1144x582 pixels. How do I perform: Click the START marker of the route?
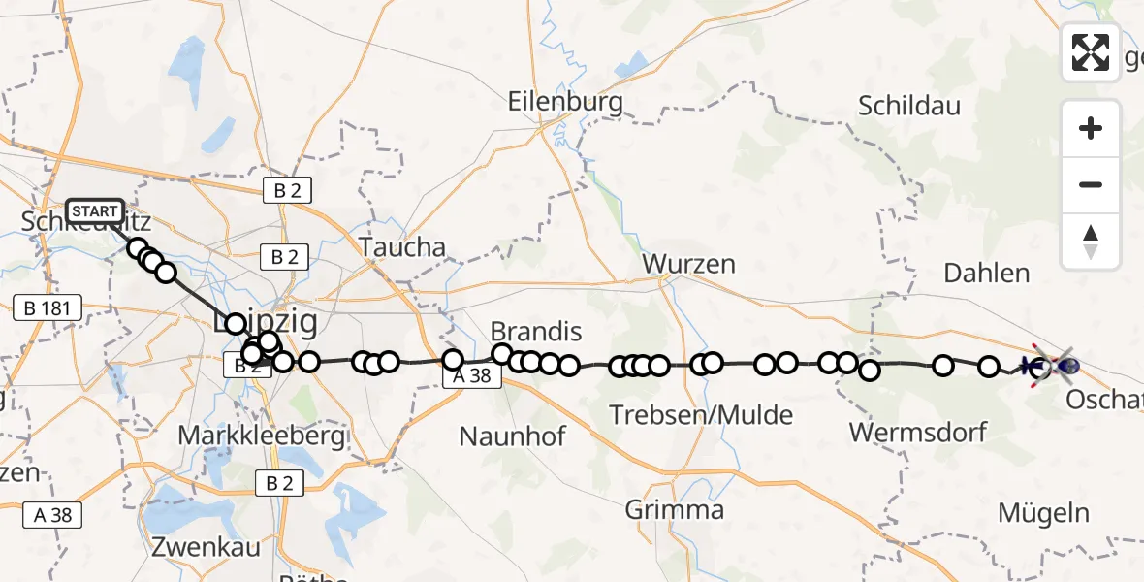95,211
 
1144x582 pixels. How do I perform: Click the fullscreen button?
1091,52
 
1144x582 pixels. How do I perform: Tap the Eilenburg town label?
566,102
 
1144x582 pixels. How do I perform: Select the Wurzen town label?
688,264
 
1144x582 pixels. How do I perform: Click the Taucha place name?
402,247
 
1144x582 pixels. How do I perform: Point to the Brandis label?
536,332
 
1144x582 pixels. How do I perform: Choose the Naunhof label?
512,436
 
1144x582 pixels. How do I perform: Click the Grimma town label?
675,510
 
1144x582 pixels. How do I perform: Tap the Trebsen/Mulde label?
688,416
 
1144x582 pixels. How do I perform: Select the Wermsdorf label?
917,431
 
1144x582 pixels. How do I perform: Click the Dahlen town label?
987,274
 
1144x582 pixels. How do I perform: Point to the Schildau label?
909,106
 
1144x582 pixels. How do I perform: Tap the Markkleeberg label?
262,436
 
